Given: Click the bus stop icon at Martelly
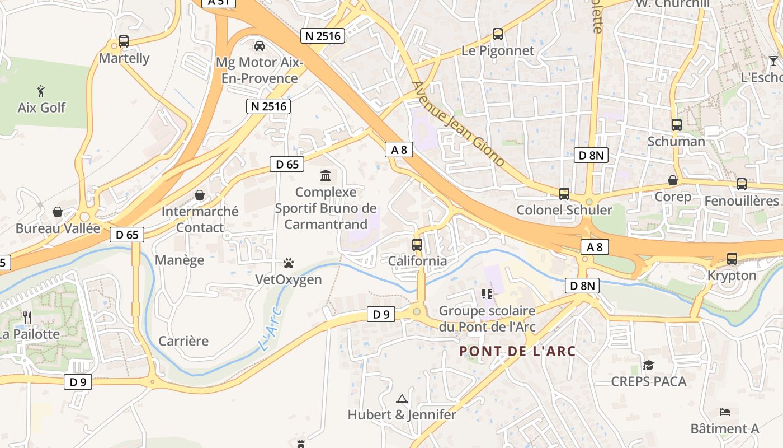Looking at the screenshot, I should coord(124,41).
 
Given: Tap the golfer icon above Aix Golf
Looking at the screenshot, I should coord(41,91).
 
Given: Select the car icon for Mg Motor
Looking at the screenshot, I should coord(259,45).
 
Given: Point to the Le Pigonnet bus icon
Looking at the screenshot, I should coord(498,34).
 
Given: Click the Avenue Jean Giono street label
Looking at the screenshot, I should coord(458,124).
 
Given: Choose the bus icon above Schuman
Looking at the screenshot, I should coord(676,125).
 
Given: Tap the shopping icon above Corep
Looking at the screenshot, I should coord(673,180).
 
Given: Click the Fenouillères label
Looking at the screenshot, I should coord(741,200).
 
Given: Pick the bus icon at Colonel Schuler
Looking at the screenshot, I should coord(564,194).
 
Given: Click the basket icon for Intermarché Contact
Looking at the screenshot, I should coord(200,195).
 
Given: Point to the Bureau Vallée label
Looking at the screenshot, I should coord(58,228).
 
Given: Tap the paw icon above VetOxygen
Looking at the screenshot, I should coord(289,263).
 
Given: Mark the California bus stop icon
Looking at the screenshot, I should coord(417,245).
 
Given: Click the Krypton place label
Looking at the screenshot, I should coord(732,276).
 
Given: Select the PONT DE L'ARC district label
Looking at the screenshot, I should coord(517,351).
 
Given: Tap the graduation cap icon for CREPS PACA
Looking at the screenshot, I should coord(648,365).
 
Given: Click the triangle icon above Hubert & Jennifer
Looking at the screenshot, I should coord(402,399).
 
